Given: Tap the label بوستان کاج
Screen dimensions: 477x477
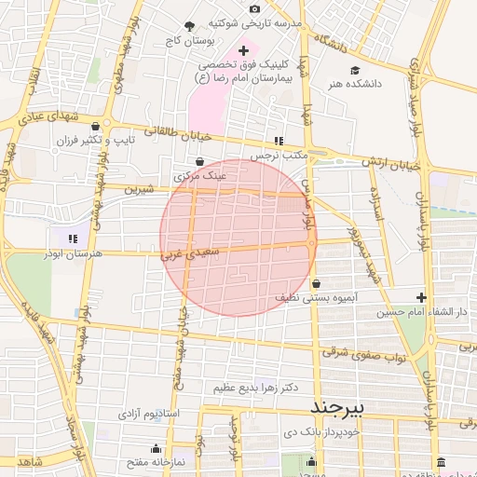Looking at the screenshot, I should coord(190,41).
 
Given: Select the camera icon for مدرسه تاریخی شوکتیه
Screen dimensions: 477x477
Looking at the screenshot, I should coord(255,9).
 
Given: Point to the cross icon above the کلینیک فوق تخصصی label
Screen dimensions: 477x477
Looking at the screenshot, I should coord(244,50).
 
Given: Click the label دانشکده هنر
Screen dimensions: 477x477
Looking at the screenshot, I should coord(354,84).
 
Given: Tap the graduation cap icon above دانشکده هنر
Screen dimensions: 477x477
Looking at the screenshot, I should coord(354,71).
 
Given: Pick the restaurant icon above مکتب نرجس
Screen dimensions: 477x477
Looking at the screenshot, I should coord(278,141).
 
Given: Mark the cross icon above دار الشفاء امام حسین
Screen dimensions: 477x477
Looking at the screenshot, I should coord(422,298).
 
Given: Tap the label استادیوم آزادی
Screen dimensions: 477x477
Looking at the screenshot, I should coord(154,412).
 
